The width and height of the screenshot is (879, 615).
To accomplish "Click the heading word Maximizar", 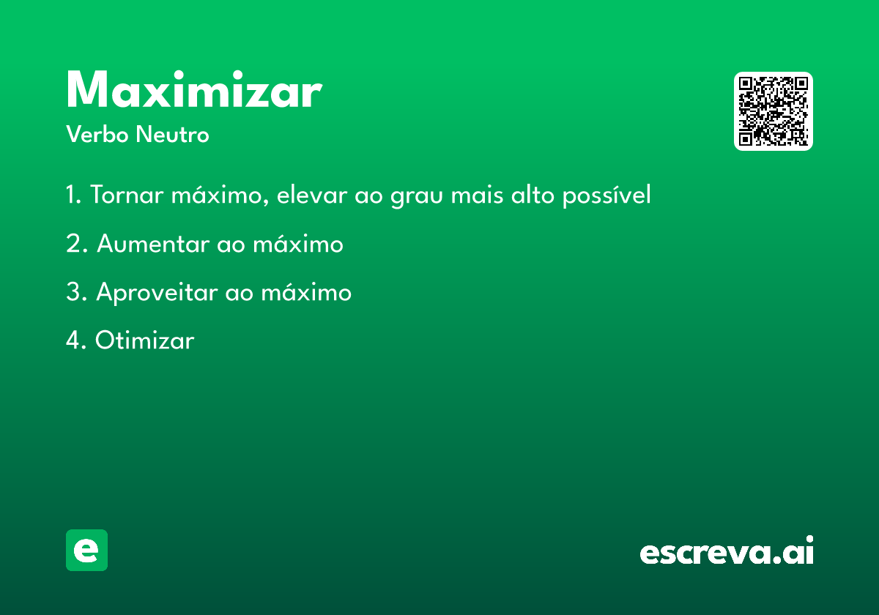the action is pos(194,89).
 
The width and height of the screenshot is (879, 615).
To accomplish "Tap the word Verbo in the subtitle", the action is pos(97,134).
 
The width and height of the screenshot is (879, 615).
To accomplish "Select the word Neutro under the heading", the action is pos(172,134).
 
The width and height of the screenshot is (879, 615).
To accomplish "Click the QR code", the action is pos(773,111).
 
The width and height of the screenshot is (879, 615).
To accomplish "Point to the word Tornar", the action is pos(127,195).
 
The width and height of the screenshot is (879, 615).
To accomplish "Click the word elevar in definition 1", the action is pos(312,195).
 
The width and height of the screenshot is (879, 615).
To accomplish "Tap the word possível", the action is pos(607,195).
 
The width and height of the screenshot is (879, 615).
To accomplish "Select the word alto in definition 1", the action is pos(533,195).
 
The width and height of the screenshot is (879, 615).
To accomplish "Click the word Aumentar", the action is pos(153,244).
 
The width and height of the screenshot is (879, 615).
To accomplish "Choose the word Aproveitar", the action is pos(157,293).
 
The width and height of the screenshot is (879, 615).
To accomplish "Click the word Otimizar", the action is pos(145,340).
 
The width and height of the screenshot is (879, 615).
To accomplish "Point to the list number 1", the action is pos(74,195).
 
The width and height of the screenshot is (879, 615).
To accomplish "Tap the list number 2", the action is pos(77,244).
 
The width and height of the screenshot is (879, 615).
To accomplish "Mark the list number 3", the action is pos(76,292).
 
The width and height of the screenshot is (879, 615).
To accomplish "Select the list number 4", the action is pos(76,340).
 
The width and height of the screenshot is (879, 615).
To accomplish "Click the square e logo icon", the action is pos(86,550).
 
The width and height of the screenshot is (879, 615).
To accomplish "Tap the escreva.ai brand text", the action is pos(727,550).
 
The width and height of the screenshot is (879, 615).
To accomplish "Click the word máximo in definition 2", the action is pos(298,243).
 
